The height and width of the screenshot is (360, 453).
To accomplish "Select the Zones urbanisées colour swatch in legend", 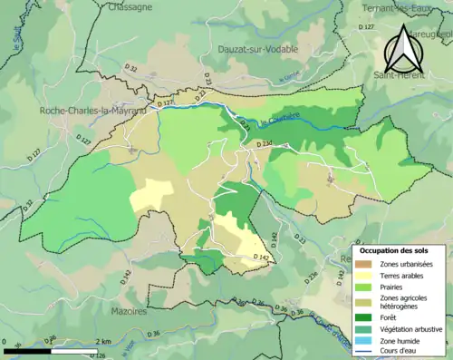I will click(365, 263).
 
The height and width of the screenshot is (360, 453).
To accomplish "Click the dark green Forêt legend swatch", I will click(365, 317).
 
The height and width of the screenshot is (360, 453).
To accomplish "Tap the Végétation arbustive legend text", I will click(411, 328).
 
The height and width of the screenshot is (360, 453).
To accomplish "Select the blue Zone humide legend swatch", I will click(365, 341).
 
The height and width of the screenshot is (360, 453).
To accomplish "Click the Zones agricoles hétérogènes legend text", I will click(405, 302).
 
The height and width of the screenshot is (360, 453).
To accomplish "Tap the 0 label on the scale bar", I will click(6, 342).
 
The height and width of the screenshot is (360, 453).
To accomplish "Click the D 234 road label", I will click(265, 145).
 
